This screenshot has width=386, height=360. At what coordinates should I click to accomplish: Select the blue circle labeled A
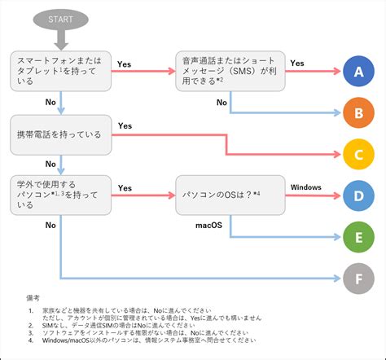point(357,73)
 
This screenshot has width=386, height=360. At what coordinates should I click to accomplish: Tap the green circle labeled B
point(357,112)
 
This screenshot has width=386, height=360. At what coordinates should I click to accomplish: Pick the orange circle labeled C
point(357,154)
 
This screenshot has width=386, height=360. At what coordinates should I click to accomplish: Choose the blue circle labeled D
point(357,196)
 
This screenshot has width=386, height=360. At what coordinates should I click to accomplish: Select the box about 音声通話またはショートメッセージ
point(230,70)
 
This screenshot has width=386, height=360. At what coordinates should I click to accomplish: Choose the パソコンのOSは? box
point(230,195)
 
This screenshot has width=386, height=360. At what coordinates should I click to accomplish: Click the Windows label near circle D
point(305,187)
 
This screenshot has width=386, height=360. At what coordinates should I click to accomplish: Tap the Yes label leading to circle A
point(297,63)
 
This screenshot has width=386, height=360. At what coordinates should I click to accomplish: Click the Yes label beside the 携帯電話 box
point(125,126)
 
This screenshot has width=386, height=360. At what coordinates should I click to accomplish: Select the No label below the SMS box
point(222,103)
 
